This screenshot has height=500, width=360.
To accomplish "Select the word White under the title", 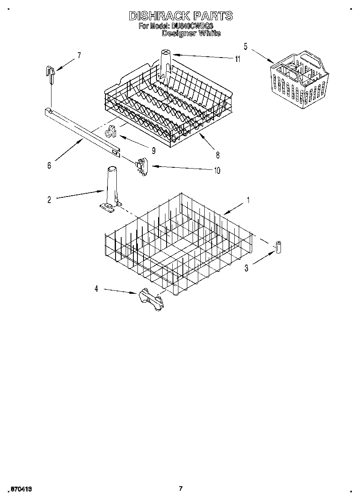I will coord(209,33).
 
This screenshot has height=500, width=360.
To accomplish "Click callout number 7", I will coord(79,56).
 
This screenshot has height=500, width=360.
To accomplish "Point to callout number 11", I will coord(237,59).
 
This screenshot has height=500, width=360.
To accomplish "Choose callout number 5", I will coord(245,46).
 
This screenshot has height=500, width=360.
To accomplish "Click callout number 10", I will coord(217,171).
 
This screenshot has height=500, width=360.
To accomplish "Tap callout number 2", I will coord(49,200).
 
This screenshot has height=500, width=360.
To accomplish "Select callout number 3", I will coord(246,268).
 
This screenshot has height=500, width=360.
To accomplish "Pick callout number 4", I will coord(96,289).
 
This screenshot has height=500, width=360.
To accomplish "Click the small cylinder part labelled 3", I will coord(279,246).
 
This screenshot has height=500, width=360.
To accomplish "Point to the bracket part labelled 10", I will coord(141,167).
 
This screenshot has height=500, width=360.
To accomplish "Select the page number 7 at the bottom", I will coord(181,489).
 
